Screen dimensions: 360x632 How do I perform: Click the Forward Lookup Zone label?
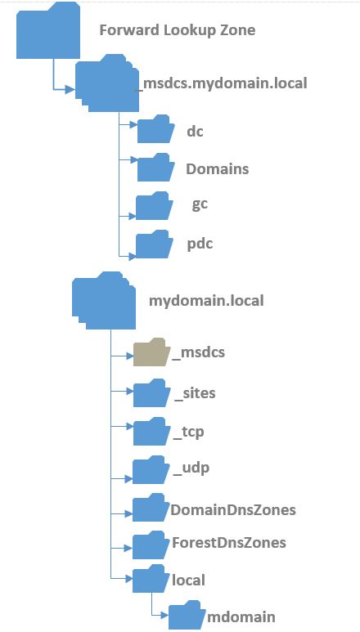point(177,30)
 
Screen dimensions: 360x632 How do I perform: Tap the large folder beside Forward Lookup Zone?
point(48,31)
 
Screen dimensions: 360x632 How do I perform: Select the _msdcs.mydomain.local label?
point(222,83)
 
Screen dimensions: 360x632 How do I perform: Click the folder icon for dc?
point(155,129)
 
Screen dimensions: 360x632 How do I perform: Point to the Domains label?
point(218,169)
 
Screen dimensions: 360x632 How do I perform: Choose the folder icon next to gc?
point(154,205)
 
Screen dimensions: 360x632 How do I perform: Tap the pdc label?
point(200,244)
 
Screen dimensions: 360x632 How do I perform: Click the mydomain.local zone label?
point(206,301)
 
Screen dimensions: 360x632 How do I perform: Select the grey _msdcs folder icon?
point(149,352)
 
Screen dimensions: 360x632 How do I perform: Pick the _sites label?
point(195,393)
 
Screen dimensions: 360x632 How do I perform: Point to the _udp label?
point(191,468)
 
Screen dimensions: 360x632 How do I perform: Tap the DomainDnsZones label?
point(233,510)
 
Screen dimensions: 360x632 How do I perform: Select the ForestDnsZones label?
point(229,543)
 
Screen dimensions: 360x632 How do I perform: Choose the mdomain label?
point(241,616)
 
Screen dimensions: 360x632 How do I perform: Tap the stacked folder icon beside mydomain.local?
point(104,301)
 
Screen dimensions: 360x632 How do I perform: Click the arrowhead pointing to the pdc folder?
point(132,256)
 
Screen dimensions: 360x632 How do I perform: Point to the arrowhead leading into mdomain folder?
point(164,616)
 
